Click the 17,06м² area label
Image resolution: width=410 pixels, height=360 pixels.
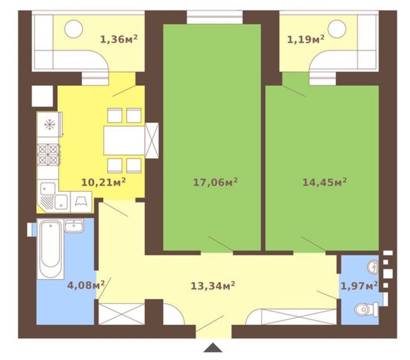point(215,182)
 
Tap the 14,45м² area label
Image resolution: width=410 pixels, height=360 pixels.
point(324,182)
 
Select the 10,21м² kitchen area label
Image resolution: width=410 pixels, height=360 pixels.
point(104,182)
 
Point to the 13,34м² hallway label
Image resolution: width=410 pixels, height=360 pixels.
point(212,286)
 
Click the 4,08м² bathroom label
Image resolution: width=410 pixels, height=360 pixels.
point(86,285)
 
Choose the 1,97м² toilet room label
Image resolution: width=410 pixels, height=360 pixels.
point(359,286)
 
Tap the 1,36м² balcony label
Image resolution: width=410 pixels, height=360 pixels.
point(119,39)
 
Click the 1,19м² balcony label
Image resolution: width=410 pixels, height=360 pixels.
point(306,39)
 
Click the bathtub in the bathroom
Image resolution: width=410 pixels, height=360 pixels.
point(50,250)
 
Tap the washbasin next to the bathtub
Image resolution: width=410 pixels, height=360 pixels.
point(74,226)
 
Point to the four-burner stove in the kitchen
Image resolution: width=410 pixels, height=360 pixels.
point(48,155)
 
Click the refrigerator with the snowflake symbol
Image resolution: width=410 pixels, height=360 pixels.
point(49,124)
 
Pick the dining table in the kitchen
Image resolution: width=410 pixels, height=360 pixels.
point(125,140)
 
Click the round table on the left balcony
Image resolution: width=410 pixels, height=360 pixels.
point(74,29)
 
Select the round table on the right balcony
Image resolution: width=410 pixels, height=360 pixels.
point(337,29)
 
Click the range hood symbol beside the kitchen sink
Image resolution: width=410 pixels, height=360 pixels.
point(81,202)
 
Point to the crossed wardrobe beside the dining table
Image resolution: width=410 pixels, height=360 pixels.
point(152,141)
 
